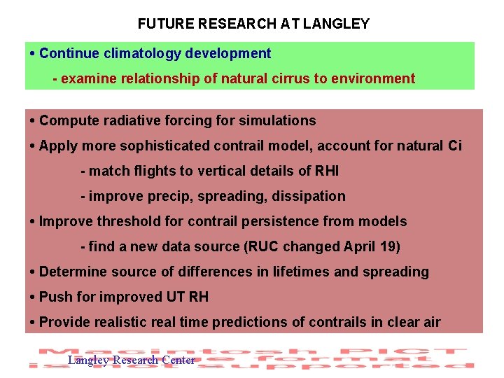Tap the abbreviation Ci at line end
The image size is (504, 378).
(x=454, y=146)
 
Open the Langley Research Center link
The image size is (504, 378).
(x=131, y=360)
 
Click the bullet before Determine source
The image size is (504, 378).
(x=33, y=272)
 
